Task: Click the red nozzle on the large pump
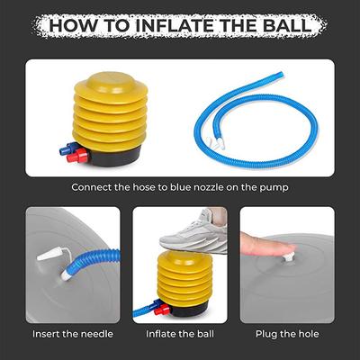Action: pos(77,157)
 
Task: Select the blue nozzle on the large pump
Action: pos(69,148)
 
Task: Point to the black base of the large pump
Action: pos(116,157)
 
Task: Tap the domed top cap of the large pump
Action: pos(111,83)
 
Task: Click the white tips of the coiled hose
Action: pos(215,142)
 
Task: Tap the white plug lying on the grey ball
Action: pos(50,255)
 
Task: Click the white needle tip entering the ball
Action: pos(67,274)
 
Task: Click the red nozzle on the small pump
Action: pos(162,310)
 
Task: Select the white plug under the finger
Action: pos(289,258)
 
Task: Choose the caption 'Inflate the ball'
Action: pos(180,334)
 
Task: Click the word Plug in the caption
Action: pos(265,335)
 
